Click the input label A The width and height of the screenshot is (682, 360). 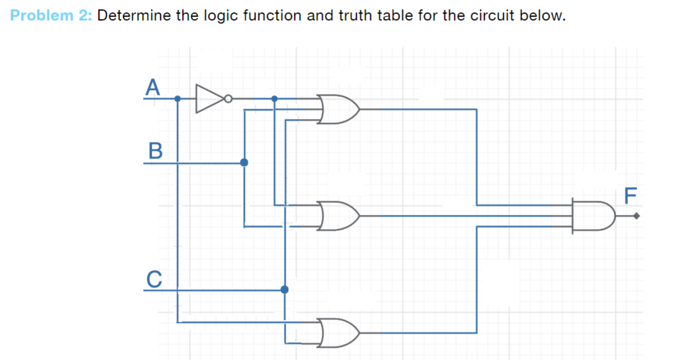coord(152,86)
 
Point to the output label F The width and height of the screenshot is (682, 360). coord(629,196)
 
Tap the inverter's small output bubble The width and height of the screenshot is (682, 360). coord(228,98)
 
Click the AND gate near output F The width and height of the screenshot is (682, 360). coord(593,216)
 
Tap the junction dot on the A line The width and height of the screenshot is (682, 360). coord(178,98)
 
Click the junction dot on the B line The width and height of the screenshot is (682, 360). coord(244,162)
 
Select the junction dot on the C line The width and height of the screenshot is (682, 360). coord(285,290)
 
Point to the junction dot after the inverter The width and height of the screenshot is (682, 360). coord(275,98)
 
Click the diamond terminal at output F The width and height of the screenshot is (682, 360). coord(636,216)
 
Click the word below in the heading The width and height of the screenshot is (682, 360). coord(543,15)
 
